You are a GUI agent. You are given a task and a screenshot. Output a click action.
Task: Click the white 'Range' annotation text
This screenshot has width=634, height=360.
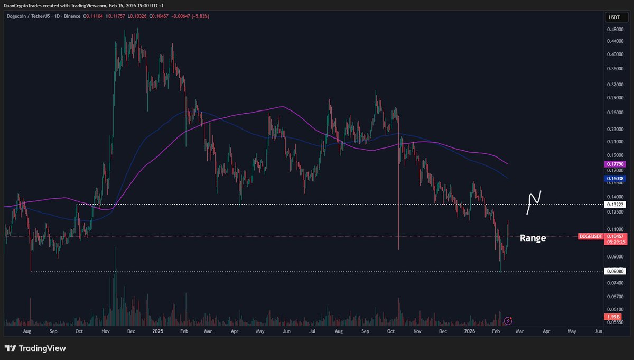pyautogui.click(x=533, y=238)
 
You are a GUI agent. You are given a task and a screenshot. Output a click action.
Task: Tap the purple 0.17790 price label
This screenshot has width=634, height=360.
pyautogui.click(x=616, y=165)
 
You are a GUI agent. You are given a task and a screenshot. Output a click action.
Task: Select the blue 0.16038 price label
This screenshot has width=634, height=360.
pyautogui.click(x=616, y=179)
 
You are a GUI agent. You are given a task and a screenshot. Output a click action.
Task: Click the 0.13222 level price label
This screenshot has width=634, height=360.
pyautogui.click(x=616, y=204)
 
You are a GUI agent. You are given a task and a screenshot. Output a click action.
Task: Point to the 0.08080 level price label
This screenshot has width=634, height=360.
pyautogui.click(x=616, y=271)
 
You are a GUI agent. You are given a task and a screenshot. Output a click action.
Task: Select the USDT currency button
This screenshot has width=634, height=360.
pyautogui.click(x=614, y=17)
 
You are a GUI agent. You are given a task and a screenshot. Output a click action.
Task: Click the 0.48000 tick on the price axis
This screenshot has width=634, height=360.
pyautogui.click(x=615, y=30)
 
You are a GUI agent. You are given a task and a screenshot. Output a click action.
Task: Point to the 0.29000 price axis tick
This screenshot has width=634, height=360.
pyautogui.click(x=615, y=98)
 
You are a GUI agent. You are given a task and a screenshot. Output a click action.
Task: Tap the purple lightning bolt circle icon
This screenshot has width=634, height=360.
pyautogui.click(x=508, y=320)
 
